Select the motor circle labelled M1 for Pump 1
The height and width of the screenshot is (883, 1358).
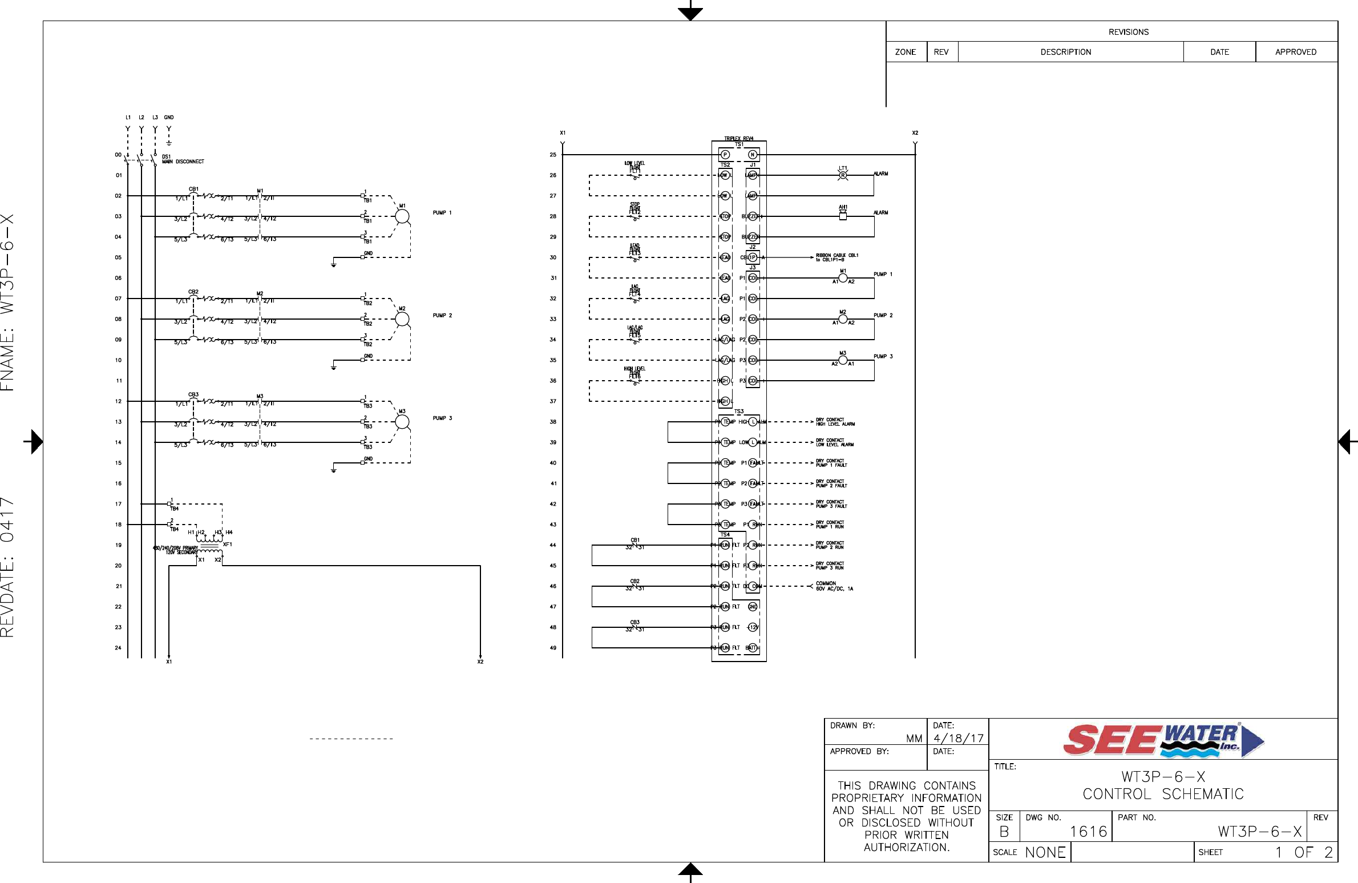(402, 216)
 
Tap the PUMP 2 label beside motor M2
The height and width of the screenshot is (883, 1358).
(442, 316)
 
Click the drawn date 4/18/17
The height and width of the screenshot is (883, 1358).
(959, 738)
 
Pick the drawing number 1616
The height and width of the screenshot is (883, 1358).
(1088, 832)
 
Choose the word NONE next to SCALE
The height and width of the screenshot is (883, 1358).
(1045, 852)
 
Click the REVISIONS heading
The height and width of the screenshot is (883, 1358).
(1128, 32)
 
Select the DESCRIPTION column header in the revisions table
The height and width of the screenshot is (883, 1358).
(1065, 52)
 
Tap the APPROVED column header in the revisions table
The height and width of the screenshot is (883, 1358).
(1295, 52)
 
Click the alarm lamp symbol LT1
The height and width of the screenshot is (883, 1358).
(843, 175)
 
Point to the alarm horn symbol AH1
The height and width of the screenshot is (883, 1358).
(843, 215)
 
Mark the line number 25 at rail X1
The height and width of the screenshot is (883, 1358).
(553, 155)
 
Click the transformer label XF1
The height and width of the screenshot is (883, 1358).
(228, 545)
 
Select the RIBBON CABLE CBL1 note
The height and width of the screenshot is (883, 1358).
(836, 257)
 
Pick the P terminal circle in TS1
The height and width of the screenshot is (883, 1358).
(725, 155)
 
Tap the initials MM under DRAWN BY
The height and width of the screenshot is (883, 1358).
(914, 739)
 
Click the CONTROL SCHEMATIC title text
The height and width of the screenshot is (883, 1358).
(1163, 794)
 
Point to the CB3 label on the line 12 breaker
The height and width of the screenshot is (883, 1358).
(193, 395)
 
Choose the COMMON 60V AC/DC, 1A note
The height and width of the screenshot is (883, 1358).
(834, 586)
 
